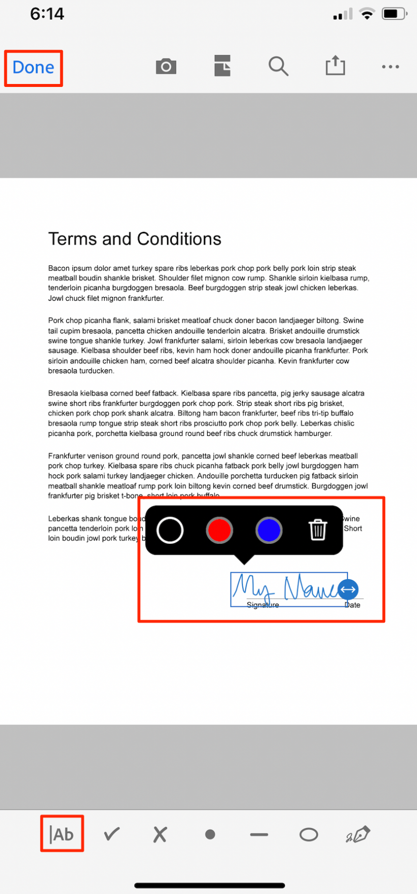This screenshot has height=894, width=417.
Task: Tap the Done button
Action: (x=33, y=67)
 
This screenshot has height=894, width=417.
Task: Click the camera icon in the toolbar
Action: (x=166, y=66)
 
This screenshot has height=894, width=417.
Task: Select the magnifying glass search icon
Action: (x=278, y=66)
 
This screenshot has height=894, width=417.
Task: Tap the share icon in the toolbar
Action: (x=336, y=65)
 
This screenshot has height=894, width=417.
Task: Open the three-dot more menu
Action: (x=391, y=67)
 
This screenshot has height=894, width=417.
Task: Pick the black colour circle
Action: (x=170, y=531)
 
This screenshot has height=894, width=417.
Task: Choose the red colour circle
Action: (x=219, y=531)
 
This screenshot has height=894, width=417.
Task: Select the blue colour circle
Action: (x=269, y=531)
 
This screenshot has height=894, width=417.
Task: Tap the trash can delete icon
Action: (x=317, y=530)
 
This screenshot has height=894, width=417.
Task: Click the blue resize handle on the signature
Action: (x=348, y=589)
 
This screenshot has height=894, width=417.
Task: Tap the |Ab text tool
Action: (x=62, y=834)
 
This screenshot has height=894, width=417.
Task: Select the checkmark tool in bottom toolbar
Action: (x=112, y=834)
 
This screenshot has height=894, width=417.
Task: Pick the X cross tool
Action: (x=160, y=834)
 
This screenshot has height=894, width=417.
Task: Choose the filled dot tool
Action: (x=210, y=834)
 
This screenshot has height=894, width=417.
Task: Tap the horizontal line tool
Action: (x=259, y=834)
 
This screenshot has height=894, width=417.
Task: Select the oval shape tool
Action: (x=309, y=834)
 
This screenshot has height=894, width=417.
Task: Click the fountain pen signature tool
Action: (x=358, y=834)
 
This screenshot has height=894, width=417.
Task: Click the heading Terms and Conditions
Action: (x=135, y=239)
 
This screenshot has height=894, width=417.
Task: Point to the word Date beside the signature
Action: (x=353, y=605)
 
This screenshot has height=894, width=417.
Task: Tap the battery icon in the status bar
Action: (x=394, y=14)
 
